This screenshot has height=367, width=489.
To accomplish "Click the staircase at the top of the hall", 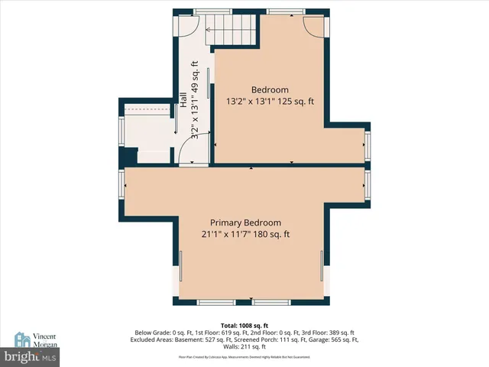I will point(233,31).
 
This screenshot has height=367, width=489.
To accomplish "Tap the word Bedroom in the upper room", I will point(270,89).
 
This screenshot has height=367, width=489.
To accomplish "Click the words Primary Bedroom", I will point(246,222).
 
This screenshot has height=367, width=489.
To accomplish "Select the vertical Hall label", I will point(183,99).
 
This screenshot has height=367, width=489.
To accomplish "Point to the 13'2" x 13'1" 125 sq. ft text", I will point(270,102).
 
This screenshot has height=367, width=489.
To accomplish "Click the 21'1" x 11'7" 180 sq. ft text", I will point(246,235).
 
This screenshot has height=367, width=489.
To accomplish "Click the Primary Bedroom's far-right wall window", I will point(368,183).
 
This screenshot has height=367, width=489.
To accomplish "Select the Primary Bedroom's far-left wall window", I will point(121,183).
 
